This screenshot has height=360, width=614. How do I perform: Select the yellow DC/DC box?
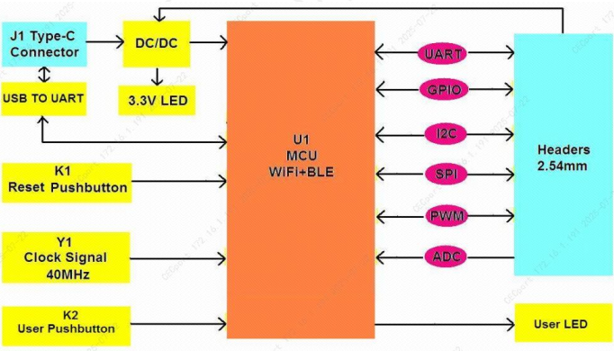tap(157, 42)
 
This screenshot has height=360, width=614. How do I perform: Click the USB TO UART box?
tap(44, 98)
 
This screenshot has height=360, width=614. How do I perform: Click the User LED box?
tap(561, 324)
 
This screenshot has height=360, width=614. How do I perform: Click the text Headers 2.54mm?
tap(563, 157)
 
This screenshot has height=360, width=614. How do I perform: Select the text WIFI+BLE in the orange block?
tap(301, 171)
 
